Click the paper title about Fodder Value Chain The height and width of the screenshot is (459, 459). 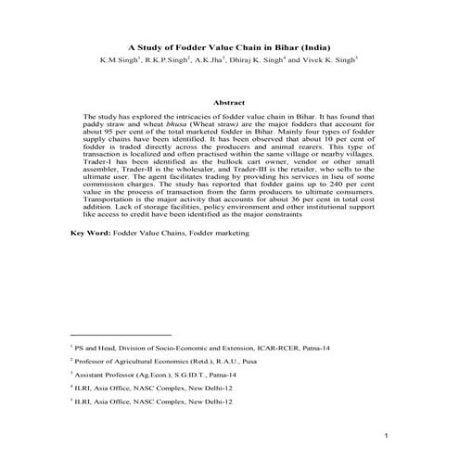coord(229,45)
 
